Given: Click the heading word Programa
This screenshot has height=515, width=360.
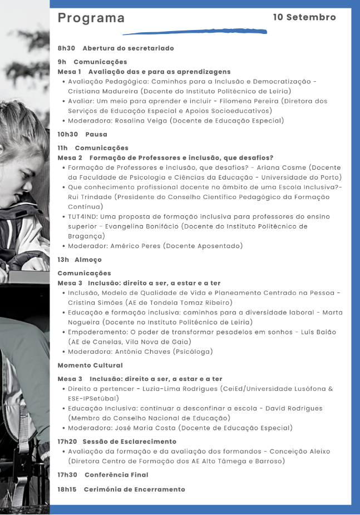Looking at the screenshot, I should tap(91, 18).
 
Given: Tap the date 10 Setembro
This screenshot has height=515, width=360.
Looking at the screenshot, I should tap(304, 17).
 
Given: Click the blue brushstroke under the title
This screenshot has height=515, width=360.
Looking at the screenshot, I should tap(194, 32).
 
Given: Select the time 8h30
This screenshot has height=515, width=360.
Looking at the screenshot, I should tap(66, 48).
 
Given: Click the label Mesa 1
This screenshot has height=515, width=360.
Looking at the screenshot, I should tap(70, 72).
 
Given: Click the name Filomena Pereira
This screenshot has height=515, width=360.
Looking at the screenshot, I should tap(248, 101).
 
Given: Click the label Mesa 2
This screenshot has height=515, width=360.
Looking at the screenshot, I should tap(70, 158).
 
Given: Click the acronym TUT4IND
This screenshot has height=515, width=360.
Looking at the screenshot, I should tap(84, 216).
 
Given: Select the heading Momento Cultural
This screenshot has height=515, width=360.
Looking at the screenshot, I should tap(90, 365).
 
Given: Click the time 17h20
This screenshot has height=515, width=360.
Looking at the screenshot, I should tap(67, 442).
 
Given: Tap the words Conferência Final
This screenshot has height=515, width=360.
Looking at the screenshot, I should tap(116, 475).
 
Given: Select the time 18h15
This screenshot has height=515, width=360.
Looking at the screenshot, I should tap(67, 489).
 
